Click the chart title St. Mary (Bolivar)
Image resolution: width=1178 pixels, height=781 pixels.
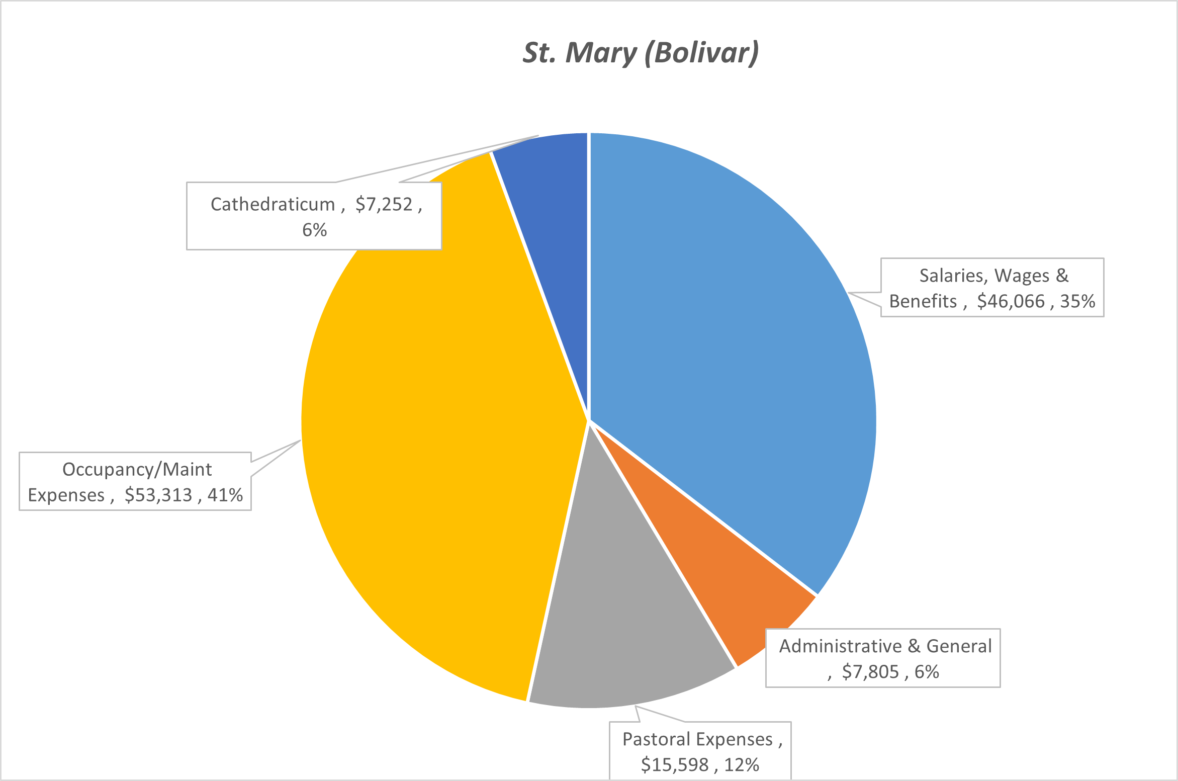pos(641,53)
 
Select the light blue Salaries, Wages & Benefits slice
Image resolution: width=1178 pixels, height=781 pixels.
pos(729,327)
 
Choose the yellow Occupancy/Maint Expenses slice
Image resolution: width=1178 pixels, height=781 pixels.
pos(427,427)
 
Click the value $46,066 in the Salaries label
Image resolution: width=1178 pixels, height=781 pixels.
pos(1011,301)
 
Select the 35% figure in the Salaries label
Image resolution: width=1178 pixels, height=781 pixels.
pos(1077,301)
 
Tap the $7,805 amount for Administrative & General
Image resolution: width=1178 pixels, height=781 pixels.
pos(870,672)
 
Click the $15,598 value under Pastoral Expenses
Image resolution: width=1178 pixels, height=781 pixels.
pos(674,765)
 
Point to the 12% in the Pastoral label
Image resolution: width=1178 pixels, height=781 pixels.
pos(742,765)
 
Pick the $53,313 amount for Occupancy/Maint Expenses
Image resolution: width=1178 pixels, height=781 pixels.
pos(158,495)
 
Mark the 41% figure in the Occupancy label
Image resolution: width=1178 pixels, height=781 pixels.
pos(225,495)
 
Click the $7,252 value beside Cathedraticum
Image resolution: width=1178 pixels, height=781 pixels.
pos(384,205)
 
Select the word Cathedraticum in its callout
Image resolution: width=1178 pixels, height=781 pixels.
pos(273,205)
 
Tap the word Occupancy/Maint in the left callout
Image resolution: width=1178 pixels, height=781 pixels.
pos(137,470)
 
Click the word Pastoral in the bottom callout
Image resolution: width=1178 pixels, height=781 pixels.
pos(656,739)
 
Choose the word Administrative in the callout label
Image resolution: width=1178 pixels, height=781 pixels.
pos(840,646)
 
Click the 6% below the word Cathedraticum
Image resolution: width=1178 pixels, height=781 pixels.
pos(314,230)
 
